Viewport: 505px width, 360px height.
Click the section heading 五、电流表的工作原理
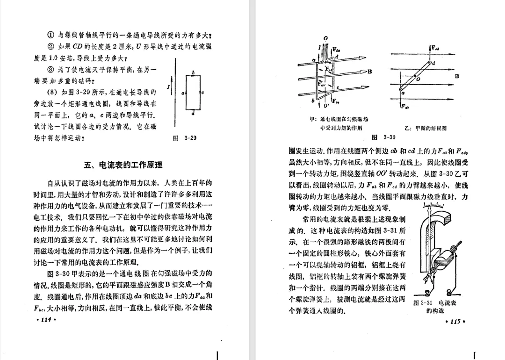[123, 165]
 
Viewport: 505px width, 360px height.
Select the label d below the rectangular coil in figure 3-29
[193, 114]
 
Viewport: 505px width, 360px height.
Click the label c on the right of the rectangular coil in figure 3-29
[202, 93]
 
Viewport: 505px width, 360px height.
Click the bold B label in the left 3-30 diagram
[369, 72]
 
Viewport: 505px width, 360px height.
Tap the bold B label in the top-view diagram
[457, 76]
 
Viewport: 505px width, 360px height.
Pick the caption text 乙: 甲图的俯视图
[424, 128]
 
